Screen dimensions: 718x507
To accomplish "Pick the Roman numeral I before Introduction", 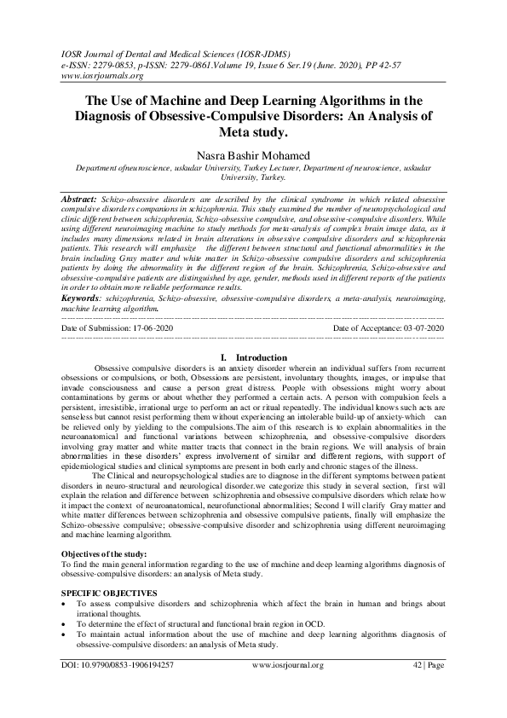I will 222,356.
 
